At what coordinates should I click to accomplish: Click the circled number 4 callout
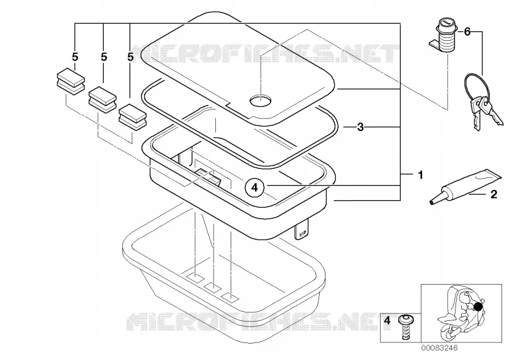click(x=254, y=188)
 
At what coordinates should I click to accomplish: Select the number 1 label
click(x=420, y=175)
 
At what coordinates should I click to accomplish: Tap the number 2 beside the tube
click(x=494, y=194)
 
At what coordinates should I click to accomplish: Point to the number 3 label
click(x=360, y=127)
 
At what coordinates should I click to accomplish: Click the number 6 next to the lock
click(x=467, y=32)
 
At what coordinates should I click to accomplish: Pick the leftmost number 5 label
click(x=75, y=57)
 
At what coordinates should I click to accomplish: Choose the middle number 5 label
click(x=104, y=57)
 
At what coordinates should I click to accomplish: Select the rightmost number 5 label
click(x=130, y=57)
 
